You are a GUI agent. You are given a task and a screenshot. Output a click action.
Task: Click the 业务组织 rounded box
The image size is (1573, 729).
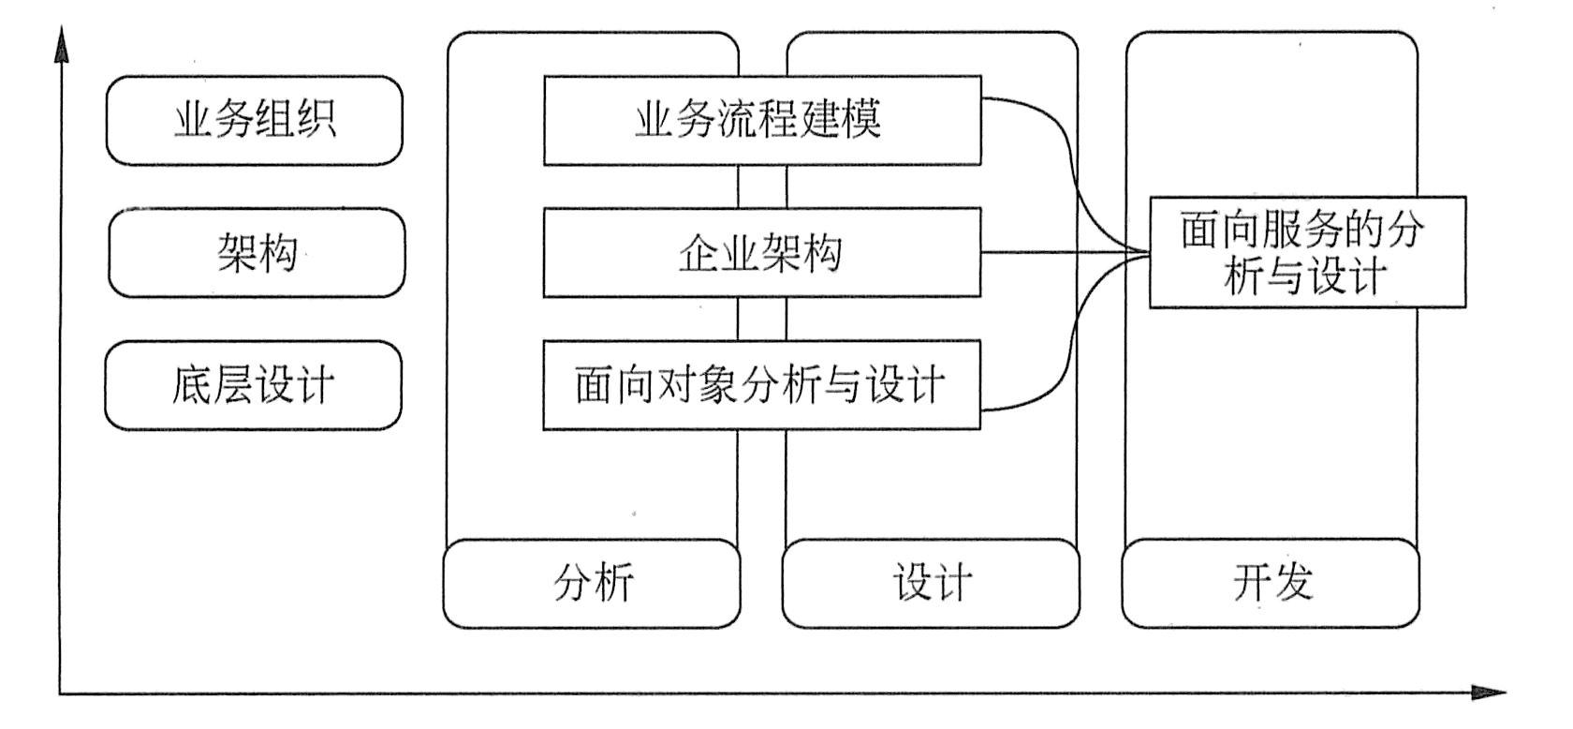254,121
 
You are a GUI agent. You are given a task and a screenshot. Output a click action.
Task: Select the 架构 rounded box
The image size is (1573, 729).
257,253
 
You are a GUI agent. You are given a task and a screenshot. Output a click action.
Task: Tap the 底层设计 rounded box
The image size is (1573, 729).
253,385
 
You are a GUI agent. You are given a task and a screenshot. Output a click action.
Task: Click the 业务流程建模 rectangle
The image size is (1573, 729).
761,121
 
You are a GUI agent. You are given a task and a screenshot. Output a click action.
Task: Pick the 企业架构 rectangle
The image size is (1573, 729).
761,253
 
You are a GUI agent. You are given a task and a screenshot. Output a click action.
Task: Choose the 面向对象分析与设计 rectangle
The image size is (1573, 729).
761,385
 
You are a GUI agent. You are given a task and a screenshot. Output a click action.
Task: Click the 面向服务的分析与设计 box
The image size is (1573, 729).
1306,252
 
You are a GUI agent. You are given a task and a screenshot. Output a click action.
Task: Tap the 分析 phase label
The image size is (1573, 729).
592,583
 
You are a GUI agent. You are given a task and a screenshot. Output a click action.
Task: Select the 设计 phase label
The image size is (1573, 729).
931,583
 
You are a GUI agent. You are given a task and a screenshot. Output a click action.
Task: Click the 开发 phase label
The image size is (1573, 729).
1271,583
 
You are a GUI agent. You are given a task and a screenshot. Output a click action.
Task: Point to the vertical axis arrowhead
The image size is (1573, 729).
62,45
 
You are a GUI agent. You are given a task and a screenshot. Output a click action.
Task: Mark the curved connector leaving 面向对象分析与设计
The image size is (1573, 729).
1067,356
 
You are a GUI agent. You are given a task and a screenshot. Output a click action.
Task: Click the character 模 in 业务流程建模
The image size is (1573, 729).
860,121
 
